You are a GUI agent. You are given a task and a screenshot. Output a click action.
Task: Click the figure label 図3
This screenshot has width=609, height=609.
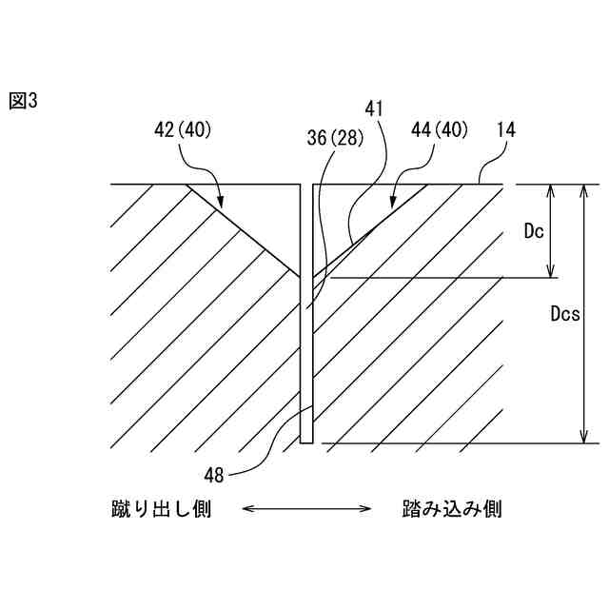[x=23, y=101]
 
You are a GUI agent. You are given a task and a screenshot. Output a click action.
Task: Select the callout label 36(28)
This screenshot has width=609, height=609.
[x=335, y=138]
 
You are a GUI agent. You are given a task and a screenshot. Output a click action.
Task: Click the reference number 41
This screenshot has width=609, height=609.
[x=374, y=108]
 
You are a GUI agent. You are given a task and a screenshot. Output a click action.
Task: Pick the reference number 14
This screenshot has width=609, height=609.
[x=505, y=128]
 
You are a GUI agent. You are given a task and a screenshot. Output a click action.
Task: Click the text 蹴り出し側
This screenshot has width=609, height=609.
[x=161, y=510]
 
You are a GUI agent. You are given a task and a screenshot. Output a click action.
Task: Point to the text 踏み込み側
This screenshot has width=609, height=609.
[x=451, y=510]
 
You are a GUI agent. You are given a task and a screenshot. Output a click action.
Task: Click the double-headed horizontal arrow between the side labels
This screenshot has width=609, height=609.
[x=306, y=510]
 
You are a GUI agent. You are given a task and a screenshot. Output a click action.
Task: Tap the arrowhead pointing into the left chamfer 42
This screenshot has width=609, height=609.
[x=221, y=204]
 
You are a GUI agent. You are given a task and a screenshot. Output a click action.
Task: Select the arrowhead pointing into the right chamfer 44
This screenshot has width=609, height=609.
[x=391, y=203]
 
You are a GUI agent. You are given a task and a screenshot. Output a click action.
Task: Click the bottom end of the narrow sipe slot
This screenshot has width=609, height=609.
[x=306, y=442]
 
